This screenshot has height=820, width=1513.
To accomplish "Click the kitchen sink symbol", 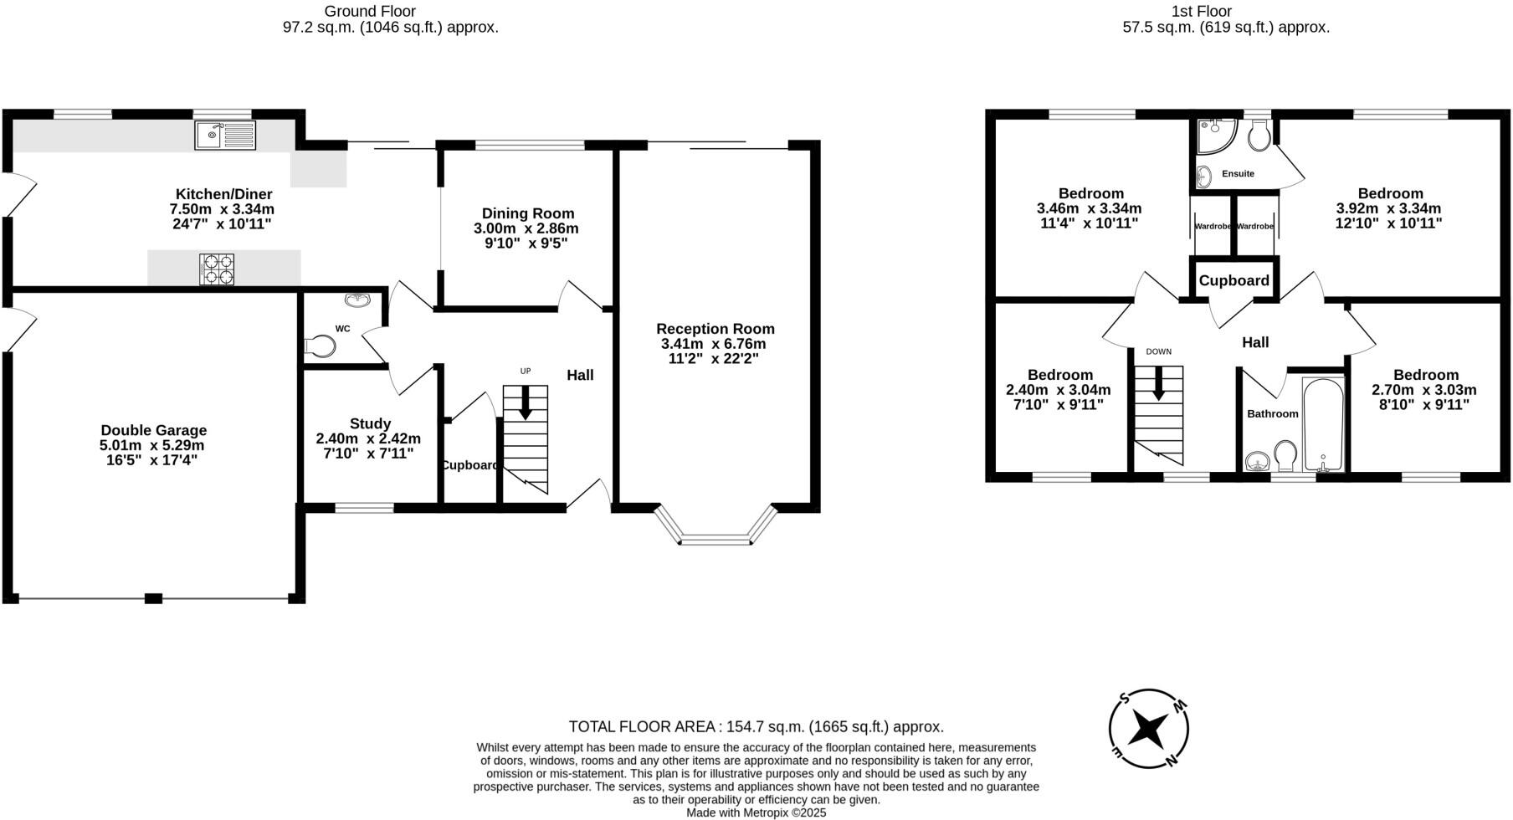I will tap(225, 135).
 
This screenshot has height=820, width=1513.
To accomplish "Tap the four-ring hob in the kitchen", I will tap(217, 269).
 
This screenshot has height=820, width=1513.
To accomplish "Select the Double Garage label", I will tap(153, 431).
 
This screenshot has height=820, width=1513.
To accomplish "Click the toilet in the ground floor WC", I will tap(320, 346).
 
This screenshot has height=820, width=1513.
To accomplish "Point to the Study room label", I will tap(370, 423).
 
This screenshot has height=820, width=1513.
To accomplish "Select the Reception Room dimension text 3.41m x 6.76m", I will tap(713, 344).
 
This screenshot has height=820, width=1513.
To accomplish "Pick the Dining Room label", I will tap(528, 213).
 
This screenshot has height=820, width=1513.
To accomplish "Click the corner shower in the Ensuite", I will tap(1214, 136).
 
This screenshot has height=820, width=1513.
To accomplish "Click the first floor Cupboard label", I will tap(1233, 280).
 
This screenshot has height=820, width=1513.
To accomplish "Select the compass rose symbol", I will tap(1148, 728).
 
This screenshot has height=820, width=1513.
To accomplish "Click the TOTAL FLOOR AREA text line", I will tap(756, 726).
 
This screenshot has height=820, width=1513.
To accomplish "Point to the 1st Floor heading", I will tap(1225, 11).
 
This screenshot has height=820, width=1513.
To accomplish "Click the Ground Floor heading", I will tap(370, 11).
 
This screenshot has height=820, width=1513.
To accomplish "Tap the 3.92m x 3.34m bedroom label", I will tap(1389, 208).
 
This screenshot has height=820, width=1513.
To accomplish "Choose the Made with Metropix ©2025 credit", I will tap(756, 812).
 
